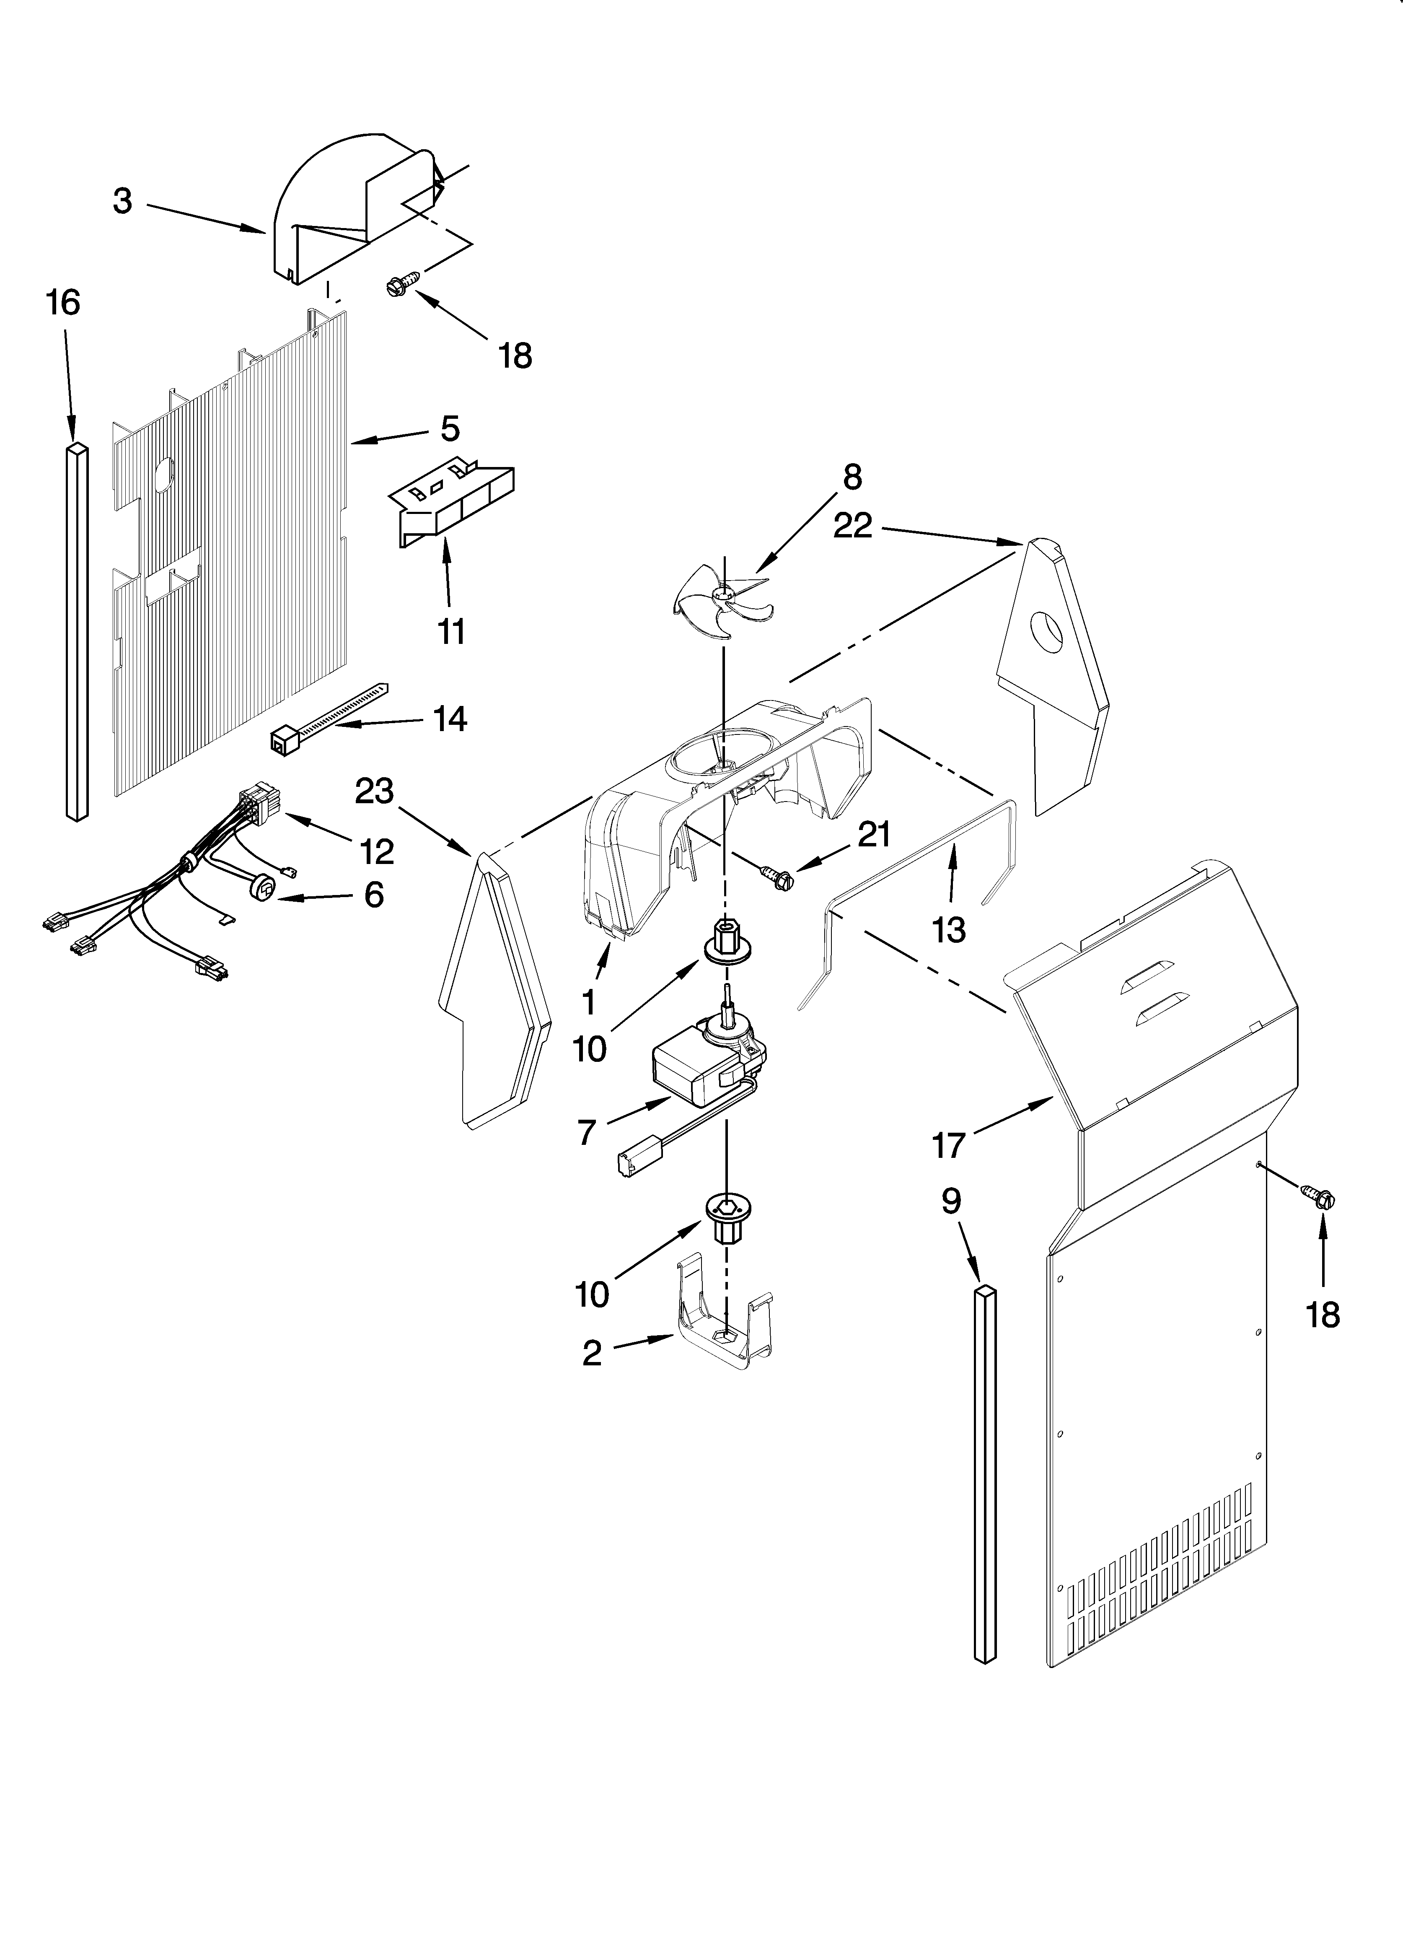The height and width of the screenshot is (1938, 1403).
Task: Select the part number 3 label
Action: (x=123, y=202)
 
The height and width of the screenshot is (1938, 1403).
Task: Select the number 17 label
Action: (x=948, y=1145)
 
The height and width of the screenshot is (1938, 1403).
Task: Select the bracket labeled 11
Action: (x=453, y=504)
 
